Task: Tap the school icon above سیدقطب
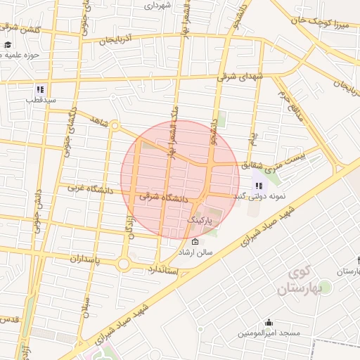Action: click(40, 90)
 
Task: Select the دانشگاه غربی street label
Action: click(91, 188)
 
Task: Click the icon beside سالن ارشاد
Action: click(195, 242)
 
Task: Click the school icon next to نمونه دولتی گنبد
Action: click(259, 186)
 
